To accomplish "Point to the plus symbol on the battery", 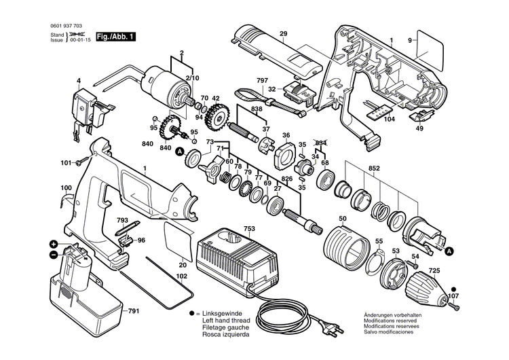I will click(x=53, y=244).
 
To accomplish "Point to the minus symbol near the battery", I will click(x=53, y=255).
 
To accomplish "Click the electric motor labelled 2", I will click(x=165, y=84).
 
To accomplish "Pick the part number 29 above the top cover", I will click(x=283, y=34).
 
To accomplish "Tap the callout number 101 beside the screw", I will click(x=66, y=162).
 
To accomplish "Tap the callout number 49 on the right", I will click(x=420, y=128).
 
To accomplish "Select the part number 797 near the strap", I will click(x=262, y=81).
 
